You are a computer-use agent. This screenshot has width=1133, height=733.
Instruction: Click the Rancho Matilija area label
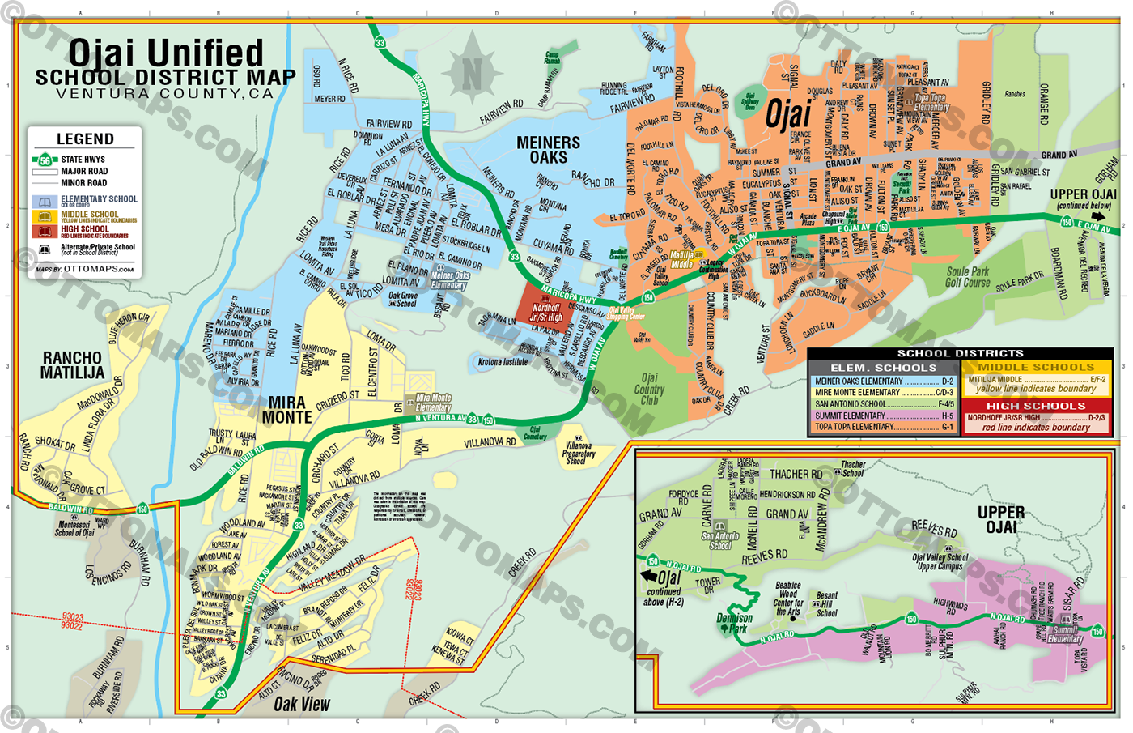tap(72, 364)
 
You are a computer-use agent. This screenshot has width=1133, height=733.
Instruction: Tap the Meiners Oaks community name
tap(548, 150)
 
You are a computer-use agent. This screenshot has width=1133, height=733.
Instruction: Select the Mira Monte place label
tap(286, 410)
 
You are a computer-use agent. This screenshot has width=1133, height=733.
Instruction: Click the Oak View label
tap(301, 704)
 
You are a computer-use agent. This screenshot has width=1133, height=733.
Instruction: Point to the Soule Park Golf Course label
tap(968, 277)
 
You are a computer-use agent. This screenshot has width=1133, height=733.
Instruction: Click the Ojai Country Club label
tap(649, 389)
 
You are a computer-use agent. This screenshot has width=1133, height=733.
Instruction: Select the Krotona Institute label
tap(503, 362)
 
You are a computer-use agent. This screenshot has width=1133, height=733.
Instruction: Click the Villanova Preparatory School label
tap(578, 453)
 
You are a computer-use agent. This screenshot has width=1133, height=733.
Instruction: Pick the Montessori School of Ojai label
tap(74, 529)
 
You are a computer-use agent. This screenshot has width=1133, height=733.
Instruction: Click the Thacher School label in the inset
tap(853, 469)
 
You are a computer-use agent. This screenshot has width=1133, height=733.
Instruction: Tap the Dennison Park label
tap(734, 623)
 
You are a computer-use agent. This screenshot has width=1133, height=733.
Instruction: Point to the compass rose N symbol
tap(472, 75)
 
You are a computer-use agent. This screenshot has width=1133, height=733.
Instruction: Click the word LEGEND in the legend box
tap(85, 139)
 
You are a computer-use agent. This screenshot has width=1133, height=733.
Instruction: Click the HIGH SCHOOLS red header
tap(1036, 406)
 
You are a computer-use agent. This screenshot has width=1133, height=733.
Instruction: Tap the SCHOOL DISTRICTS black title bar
tap(960, 353)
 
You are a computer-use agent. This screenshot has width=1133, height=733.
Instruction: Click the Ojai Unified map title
tap(166, 53)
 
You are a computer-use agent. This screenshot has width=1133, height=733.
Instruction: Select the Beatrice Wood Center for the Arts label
tap(787, 598)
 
